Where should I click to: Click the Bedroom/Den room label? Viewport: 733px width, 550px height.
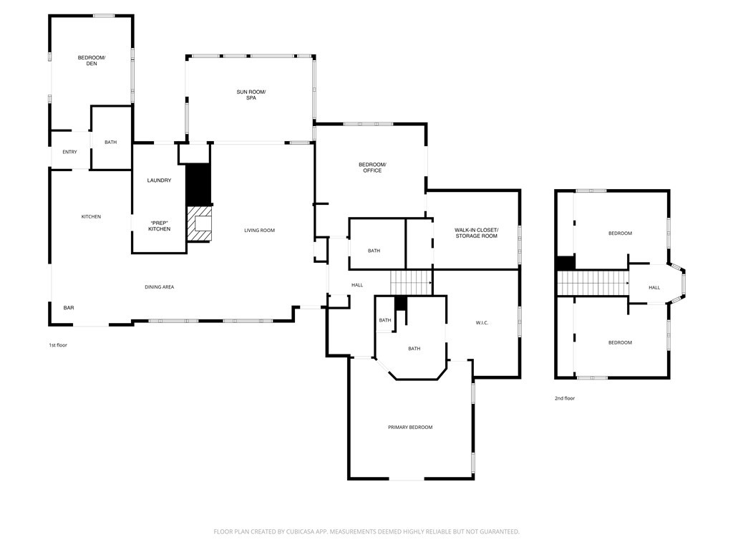click(92, 60)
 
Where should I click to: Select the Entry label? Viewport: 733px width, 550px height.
click(69, 152)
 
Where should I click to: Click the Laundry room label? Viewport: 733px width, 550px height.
click(159, 180)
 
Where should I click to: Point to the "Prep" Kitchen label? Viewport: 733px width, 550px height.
click(159, 226)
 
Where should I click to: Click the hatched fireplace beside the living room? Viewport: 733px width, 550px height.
click(200, 223)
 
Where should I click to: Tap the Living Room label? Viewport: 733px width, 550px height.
click(259, 231)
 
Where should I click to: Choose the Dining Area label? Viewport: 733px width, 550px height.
click(160, 287)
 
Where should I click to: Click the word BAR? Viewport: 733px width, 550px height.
click(69, 308)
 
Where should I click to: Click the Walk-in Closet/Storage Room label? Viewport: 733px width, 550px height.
click(476, 233)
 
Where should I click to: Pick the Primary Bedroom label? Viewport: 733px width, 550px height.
click(410, 428)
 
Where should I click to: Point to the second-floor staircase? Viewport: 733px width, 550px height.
click(592, 283)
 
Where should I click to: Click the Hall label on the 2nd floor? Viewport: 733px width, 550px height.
click(654, 288)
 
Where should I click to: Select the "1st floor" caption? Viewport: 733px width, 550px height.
click(57, 345)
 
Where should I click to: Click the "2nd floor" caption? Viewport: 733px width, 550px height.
click(565, 398)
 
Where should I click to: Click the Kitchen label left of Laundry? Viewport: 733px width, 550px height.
click(91, 217)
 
